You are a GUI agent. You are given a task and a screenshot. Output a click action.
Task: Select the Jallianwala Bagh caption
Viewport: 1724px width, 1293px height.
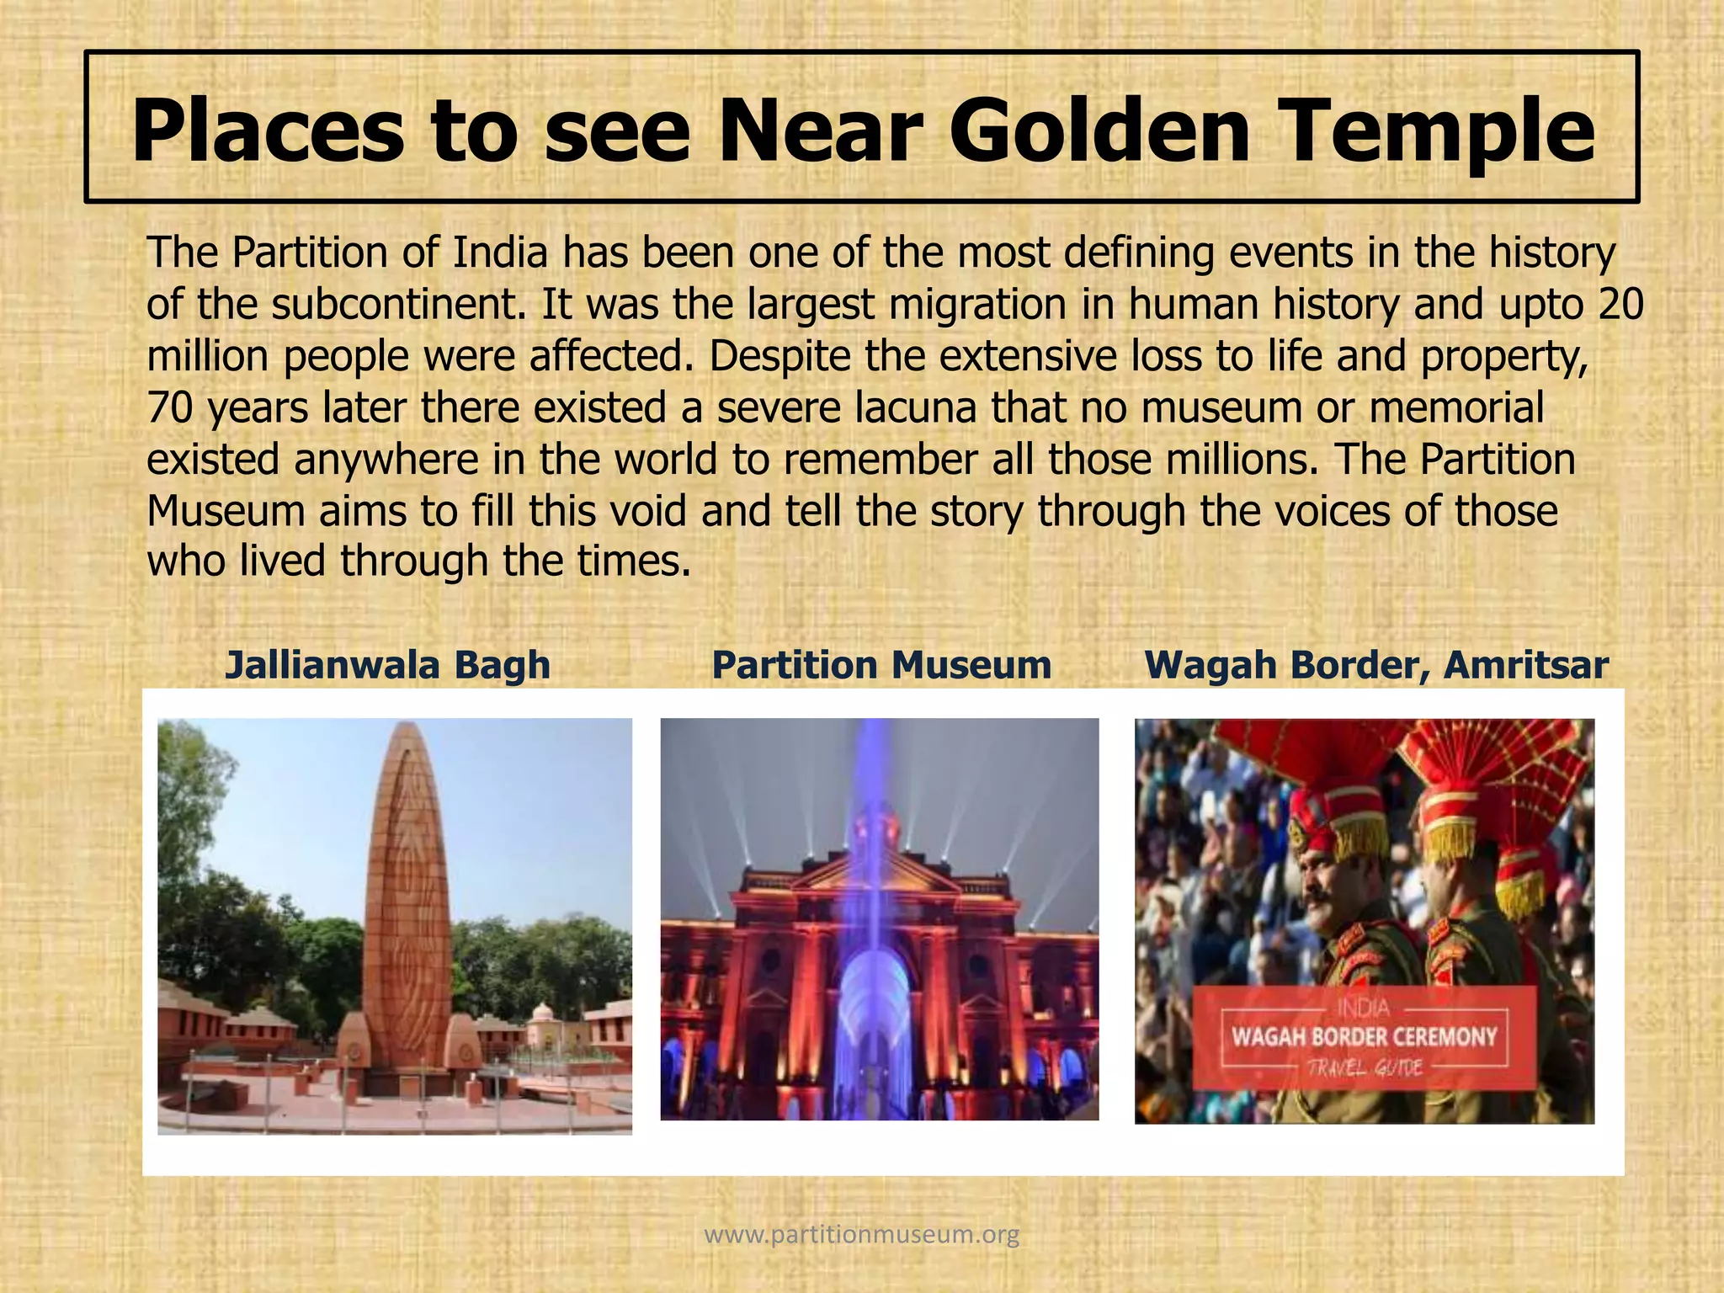(x=388, y=665)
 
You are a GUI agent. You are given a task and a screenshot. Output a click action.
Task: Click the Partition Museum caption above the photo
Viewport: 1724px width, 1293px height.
(x=881, y=665)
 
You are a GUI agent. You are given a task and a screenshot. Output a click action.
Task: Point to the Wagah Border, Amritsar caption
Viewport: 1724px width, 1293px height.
(x=1376, y=665)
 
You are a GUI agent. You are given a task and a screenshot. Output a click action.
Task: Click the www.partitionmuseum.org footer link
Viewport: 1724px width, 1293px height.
(x=861, y=1235)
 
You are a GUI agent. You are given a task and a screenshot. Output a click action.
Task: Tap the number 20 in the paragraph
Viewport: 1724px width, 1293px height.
(x=1620, y=304)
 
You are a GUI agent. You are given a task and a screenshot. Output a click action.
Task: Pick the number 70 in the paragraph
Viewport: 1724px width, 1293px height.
(x=170, y=408)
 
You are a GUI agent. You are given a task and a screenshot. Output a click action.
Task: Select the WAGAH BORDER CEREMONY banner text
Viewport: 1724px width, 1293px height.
(x=1364, y=1036)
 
